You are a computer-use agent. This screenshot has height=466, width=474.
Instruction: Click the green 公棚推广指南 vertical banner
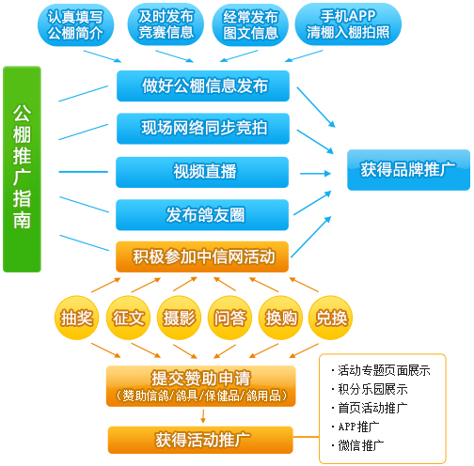pyautogui.click(x=22, y=169)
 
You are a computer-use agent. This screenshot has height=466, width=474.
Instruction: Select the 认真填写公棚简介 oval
pyautogui.click(x=75, y=24)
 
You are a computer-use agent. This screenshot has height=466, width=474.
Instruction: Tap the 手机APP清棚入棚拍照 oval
pyautogui.click(x=348, y=24)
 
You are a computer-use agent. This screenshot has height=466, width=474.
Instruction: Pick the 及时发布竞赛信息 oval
pyautogui.click(x=166, y=24)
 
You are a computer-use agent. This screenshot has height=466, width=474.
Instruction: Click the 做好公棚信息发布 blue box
pyautogui.click(x=203, y=86)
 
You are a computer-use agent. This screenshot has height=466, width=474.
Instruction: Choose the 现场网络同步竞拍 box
pyautogui.click(x=203, y=129)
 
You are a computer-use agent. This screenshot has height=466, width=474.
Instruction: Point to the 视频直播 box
pyautogui.click(x=202, y=172)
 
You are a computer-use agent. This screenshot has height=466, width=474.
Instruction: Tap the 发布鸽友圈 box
pyautogui.click(x=202, y=215)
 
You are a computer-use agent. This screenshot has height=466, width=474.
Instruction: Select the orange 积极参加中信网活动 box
pyautogui.click(x=202, y=256)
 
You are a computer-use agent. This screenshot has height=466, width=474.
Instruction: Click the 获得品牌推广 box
pyautogui.click(x=408, y=170)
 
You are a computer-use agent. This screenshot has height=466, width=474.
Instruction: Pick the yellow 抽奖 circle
pyautogui.click(x=77, y=318)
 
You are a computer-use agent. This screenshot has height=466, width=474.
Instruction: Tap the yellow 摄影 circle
pyautogui.click(x=179, y=318)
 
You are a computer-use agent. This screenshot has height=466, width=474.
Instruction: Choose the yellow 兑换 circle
pyautogui.click(x=331, y=318)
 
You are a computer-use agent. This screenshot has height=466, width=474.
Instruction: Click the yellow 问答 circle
pyautogui.click(x=229, y=318)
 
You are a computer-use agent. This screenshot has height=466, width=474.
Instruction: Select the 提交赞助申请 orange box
pyautogui.click(x=201, y=386)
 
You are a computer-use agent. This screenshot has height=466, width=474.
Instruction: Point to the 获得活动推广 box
pyautogui.click(x=200, y=440)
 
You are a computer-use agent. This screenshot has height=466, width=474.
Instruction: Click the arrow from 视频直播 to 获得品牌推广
pyautogui.click(x=316, y=173)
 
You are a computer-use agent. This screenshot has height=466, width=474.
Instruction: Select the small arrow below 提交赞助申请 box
pyautogui.click(x=203, y=416)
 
